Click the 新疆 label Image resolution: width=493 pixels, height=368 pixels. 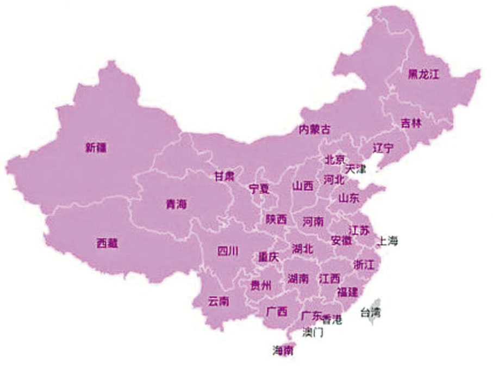pos(96,147)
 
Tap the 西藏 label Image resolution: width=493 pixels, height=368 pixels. pos(107,243)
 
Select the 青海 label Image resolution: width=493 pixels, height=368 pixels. pos(176,205)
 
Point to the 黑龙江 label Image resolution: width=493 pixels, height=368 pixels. pos(423,75)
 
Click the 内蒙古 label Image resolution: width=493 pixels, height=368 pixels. pos(314,130)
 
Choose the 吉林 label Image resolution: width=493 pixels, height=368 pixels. pos(411,123)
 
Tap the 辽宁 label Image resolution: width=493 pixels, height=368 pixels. pos(383,148)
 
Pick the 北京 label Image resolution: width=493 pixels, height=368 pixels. pos(335,160)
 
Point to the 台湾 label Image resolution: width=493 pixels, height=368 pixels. pos(370,312)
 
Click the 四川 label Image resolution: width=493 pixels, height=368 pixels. pos(227,251)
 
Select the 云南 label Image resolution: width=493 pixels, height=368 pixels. pos(218,301)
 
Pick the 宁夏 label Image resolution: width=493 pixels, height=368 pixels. pos(259,189)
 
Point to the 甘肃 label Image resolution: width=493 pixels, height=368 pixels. pos(224,176)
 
